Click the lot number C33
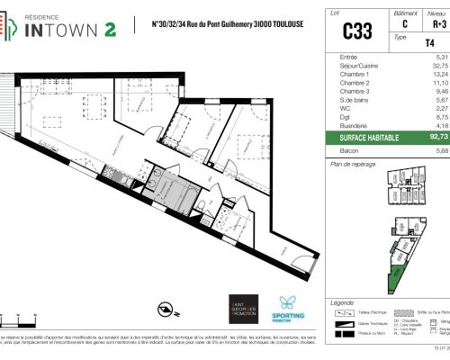(357, 31)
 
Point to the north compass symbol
(166, 310)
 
